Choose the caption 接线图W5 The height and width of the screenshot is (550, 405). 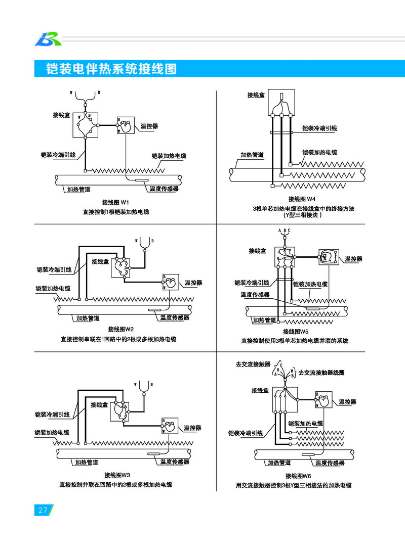point(296,332)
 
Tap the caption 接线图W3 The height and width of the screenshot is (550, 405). point(117,475)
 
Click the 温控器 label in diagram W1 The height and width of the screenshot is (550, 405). point(149,126)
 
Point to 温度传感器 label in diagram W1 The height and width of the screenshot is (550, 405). point(164,189)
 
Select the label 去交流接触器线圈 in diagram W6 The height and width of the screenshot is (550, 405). point(321,373)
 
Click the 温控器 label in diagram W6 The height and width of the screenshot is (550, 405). point(347,401)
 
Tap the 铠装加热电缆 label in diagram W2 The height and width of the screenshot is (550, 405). point(53,289)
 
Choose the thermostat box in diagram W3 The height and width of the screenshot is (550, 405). point(168,427)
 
